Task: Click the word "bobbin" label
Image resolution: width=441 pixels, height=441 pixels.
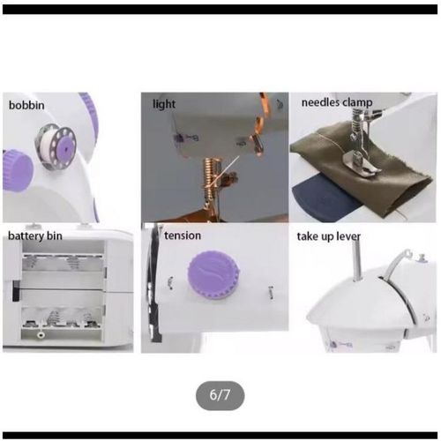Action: (26, 105)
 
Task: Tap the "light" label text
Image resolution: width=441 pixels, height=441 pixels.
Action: (164, 104)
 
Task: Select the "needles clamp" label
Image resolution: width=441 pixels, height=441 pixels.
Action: (337, 102)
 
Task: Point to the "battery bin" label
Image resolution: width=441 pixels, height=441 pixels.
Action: (35, 235)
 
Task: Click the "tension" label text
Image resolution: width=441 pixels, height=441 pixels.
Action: (183, 235)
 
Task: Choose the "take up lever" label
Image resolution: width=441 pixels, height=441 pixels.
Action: (328, 236)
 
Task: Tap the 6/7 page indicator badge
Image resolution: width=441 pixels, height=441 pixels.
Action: (220, 395)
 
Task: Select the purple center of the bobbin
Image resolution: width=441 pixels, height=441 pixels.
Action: (66, 149)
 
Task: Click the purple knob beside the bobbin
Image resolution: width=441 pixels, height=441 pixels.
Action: (18, 170)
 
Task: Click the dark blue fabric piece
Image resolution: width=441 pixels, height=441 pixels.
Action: (325, 195)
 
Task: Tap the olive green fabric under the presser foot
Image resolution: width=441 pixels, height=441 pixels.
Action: (382, 176)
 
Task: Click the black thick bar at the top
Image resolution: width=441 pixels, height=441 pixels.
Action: (220, 10)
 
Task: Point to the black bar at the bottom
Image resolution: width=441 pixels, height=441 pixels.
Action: (220, 436)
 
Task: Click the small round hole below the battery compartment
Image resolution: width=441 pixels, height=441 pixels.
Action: (41, 335)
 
